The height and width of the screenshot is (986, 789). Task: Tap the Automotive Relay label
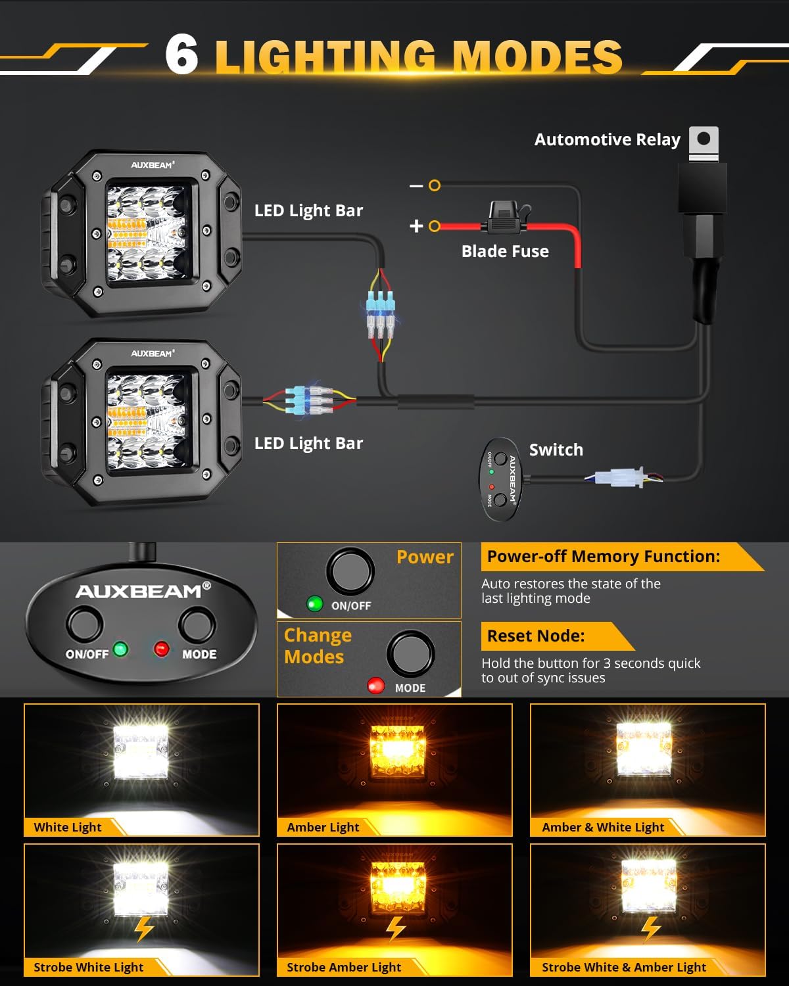(x=607, y=139)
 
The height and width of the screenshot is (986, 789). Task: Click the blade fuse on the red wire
(x=505, y=220)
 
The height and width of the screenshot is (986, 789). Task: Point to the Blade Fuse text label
(x=505, y=251)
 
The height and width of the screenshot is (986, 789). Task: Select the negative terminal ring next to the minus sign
(x=434, y=186)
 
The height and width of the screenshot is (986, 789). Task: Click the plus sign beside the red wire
(x=416, y=226)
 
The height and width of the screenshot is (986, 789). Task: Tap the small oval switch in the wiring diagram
(x=501, y=479)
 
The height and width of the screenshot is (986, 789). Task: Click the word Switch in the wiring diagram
(x=556, y=450)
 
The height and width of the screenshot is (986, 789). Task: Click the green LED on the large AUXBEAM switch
(x=120, y=649)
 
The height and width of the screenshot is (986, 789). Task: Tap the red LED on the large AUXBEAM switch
(x=161, y=649)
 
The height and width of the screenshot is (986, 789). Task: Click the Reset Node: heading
(x=536, y=636)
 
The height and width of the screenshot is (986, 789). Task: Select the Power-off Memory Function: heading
(x=603, y=556)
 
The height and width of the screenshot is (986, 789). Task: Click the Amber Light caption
(x=323, y=827)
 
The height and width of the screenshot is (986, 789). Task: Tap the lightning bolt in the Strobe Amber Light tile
(x=395, y=928)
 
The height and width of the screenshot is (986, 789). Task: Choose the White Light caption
(x=68, y=827)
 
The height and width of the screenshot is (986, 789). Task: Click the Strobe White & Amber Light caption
(x=623, y=967)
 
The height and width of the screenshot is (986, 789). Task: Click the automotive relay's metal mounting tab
(x=704, y=143)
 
